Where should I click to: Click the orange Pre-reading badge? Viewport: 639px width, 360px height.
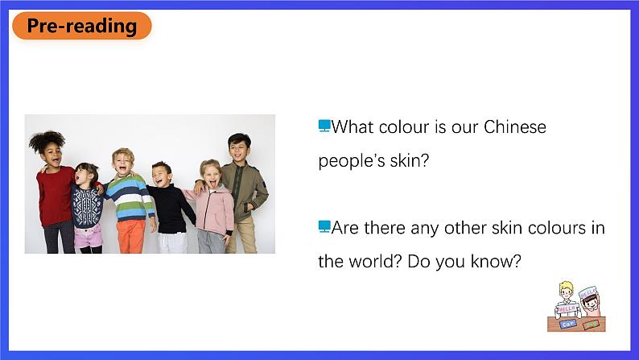82,26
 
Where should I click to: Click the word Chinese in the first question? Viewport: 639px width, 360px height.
515,126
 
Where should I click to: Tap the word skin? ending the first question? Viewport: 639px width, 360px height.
410,160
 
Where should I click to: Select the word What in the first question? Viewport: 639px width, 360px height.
352,126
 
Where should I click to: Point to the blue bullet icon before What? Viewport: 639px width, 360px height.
324,126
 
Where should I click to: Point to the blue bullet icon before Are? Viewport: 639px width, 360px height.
324,226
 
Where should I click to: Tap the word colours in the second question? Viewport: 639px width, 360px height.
556,227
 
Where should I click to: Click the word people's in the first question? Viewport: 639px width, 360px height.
351,161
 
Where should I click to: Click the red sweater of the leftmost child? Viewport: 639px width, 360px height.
55,196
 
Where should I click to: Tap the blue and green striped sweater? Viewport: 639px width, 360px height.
130,198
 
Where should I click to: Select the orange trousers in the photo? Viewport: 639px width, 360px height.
131,237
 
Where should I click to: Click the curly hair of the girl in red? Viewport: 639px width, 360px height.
47,140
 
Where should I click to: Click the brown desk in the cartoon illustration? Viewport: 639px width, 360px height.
576,324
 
